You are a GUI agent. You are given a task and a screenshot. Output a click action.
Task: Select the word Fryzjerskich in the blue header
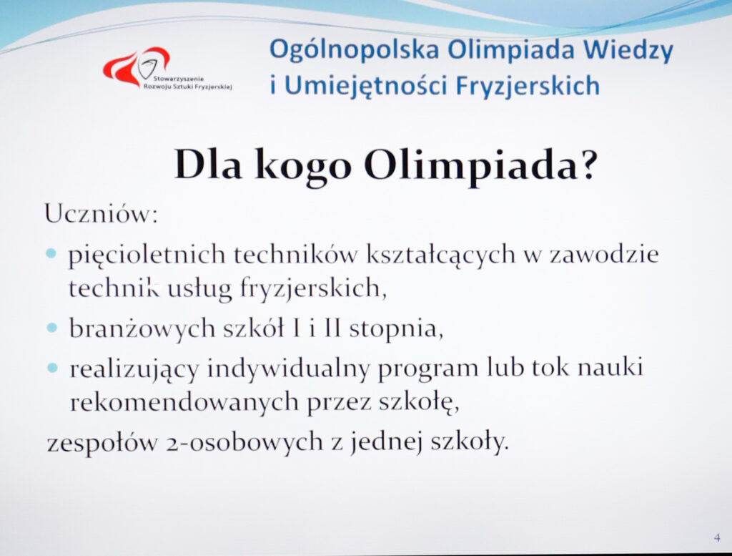528,85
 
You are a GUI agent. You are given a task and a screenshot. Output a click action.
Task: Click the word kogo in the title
303,166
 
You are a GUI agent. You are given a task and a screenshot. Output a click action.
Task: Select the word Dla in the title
208,164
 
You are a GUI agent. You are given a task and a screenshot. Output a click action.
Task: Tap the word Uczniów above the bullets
102,214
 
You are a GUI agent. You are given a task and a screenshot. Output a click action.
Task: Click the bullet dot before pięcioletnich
51,254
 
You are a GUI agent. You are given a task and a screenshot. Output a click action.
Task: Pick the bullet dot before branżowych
52,327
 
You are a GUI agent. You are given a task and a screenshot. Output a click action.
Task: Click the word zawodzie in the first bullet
604,255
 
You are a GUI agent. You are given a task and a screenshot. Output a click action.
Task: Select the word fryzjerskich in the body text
313,289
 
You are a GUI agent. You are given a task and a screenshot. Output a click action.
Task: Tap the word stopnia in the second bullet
396,329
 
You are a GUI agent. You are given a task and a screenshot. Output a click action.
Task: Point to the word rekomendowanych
184,402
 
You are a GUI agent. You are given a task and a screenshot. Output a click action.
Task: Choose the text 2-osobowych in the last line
244,442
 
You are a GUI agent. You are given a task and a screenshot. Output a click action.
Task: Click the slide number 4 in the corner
717,538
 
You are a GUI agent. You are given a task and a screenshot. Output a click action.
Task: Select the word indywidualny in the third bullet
289,369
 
